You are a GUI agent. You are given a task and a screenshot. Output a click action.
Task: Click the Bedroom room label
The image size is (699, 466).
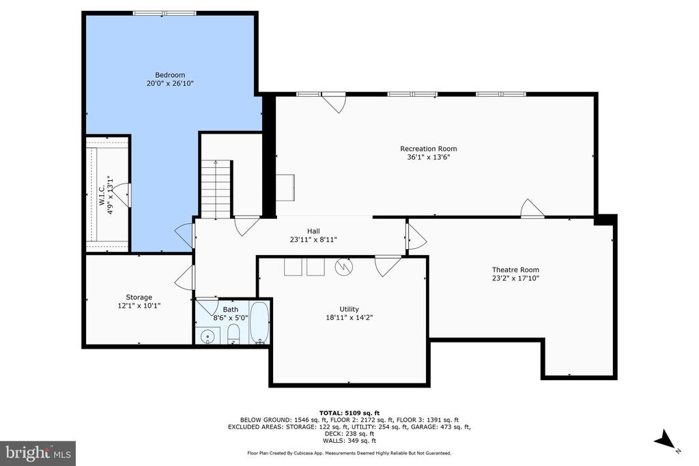point(170,75)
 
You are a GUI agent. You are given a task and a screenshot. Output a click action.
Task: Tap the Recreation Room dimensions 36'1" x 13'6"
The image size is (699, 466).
point(428,157)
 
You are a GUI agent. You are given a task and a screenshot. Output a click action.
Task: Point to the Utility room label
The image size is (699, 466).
point(349,309)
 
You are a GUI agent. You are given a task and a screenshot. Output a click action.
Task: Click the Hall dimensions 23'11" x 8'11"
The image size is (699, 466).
point(313,239)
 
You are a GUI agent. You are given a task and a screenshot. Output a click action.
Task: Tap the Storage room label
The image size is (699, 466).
point(139,297)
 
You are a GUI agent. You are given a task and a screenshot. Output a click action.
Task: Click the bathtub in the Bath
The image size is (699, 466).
point(259,323)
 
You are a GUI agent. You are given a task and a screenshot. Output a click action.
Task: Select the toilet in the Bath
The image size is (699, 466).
point(233,334)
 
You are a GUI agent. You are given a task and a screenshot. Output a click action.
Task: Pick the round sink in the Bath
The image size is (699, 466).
point(208,335)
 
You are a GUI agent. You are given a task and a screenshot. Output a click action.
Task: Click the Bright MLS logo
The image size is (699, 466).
point(38,453)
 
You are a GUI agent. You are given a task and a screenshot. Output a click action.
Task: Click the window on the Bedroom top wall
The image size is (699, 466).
point(165,12)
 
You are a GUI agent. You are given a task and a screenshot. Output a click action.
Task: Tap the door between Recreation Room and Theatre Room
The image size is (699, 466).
point(532,209)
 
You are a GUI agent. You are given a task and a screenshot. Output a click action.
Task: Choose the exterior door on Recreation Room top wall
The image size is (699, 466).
point(334,102)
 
